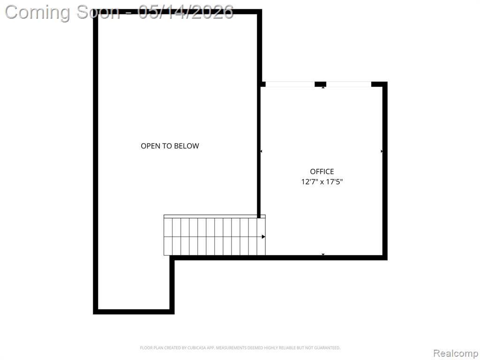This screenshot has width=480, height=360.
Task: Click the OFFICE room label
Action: coord(322,172)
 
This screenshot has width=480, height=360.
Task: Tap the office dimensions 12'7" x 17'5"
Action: coord(322,181)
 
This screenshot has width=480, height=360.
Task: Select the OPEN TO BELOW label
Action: coord(170,146)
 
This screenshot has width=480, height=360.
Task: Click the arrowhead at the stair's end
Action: coord(263,237)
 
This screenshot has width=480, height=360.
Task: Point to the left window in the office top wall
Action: coord(290,84)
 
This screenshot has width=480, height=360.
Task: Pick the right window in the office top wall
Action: coord(349,84)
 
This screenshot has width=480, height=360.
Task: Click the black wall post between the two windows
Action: coord(321,84)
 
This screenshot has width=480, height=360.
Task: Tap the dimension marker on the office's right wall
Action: coord(382,151)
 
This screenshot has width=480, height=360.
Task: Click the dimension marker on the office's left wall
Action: coord(261,151)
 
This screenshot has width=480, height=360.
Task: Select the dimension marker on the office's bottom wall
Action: coord(323,255)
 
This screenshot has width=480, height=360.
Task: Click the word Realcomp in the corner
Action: coord(456,353)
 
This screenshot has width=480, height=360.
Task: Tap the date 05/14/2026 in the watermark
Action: coord(186,12)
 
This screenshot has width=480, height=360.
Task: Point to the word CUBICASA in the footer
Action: coord(197,348)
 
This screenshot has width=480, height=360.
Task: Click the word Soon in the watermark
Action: coord(98,12)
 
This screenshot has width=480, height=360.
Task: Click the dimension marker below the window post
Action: coord(323,88)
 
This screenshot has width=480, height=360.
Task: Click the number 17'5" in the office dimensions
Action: coord(334,181)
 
